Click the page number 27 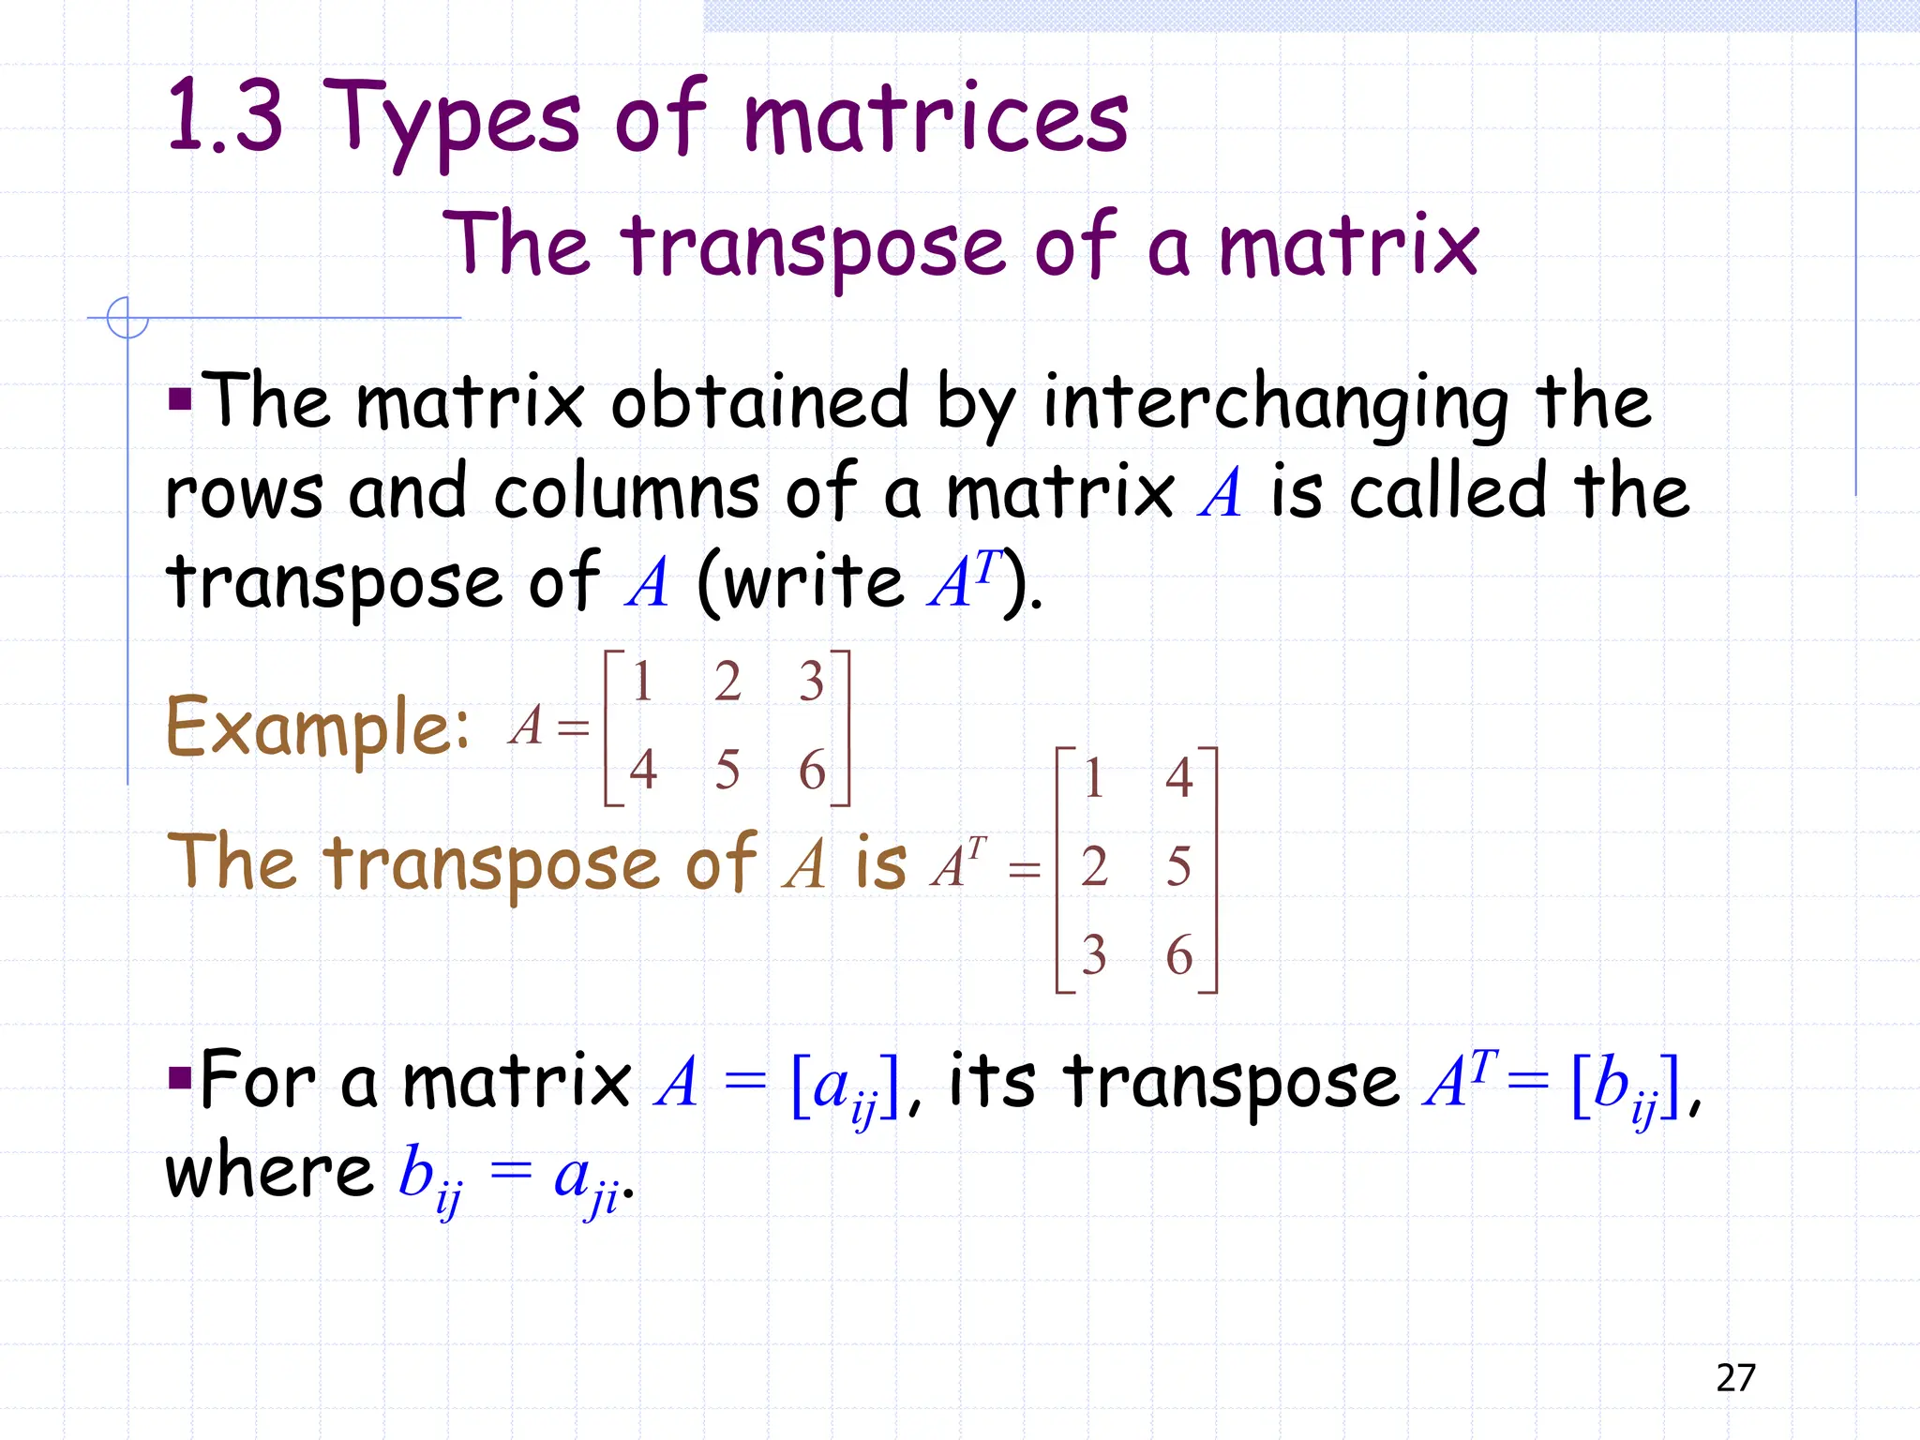1735,1377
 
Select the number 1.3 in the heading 225,117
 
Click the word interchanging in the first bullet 1275,403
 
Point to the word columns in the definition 626,492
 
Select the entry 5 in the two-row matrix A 727,770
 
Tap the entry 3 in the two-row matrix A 811,682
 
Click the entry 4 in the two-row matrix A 642,770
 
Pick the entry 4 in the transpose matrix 1178,777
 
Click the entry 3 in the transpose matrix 1093,954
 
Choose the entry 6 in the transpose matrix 1178,954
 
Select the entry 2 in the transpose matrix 1093,865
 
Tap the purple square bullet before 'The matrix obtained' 179,400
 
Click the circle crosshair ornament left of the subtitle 127,318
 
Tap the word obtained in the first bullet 759,403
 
